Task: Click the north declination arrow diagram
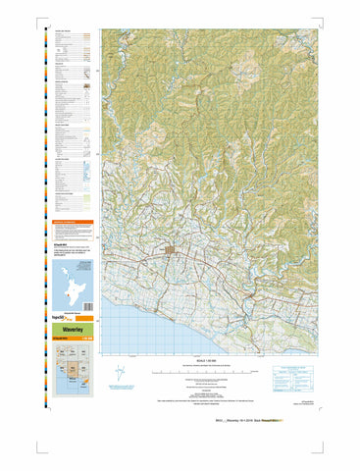pos(120,375)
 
